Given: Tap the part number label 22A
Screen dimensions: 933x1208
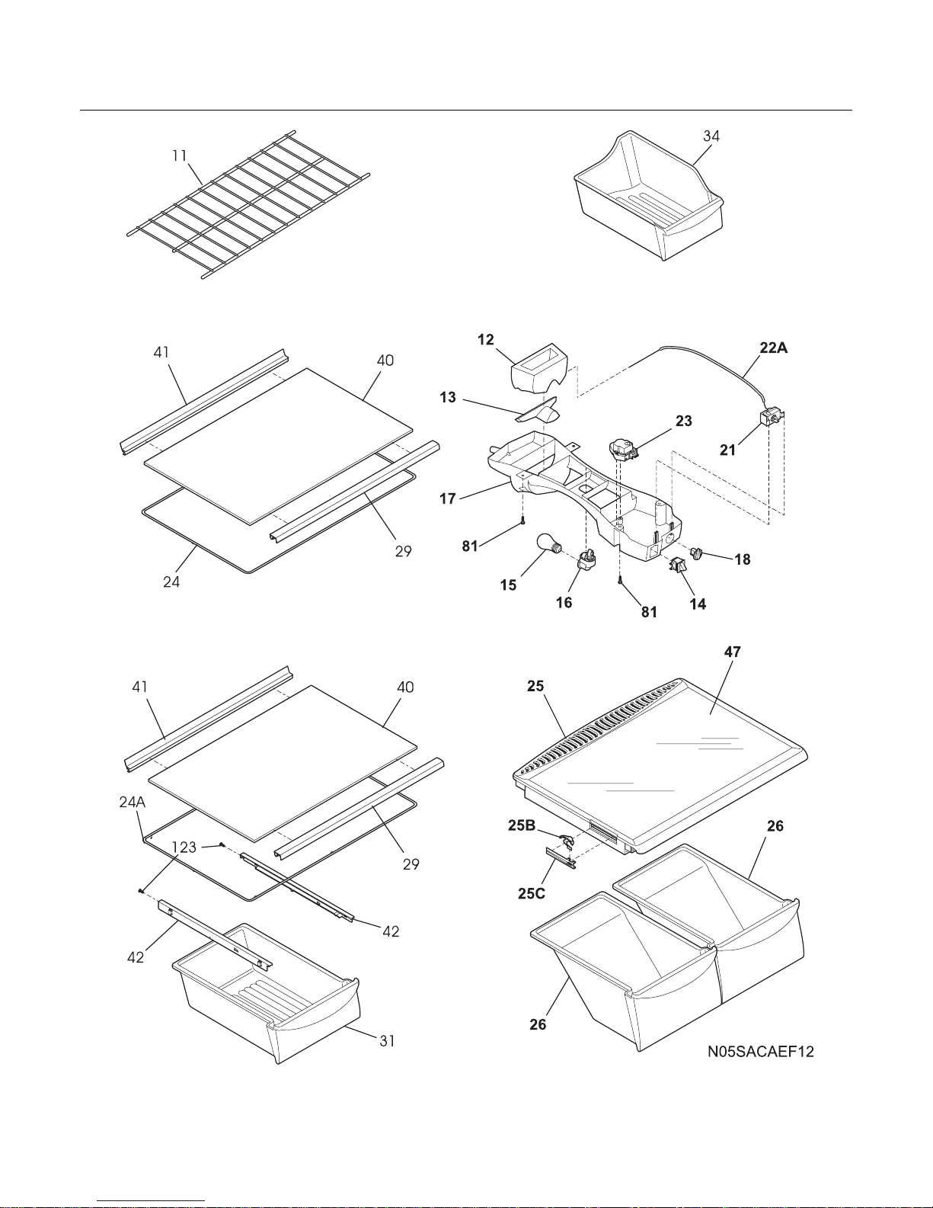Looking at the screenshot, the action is tap(774, 348).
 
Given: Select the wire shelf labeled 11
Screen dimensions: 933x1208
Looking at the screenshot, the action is tap(248, 204).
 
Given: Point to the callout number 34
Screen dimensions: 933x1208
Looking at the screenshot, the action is tap(711, 136).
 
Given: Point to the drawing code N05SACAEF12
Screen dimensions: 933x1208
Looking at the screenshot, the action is tap(760, 1051).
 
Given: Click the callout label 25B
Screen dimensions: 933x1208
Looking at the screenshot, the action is tap(522, 825).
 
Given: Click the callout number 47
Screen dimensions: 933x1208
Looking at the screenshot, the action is tap(733, 652).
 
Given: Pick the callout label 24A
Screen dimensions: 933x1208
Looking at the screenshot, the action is tap(133, 802).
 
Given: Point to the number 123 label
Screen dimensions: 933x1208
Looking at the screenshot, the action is tap(184, 848).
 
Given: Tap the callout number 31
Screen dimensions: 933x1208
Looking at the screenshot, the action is tap(387, 1040).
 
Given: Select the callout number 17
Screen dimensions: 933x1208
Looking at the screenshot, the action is tap(448, 498).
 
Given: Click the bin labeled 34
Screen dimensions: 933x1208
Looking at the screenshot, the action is tap(649, 195).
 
